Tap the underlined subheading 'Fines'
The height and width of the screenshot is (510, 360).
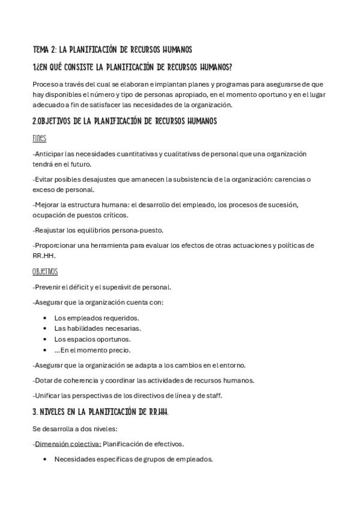(40, 138)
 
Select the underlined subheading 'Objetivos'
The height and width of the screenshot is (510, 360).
(45, 272)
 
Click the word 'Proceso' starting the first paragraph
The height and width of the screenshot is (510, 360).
(47, 85)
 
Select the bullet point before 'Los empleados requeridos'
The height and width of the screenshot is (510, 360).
(46, 318)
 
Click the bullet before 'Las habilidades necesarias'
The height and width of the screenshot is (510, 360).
(46, 328)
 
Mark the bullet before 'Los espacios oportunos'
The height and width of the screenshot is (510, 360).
(46, 339)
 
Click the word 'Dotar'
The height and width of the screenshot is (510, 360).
(45, 380)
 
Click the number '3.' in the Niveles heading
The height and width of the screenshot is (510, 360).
(35, 413)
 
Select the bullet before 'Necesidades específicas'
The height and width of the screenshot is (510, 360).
(46, 459)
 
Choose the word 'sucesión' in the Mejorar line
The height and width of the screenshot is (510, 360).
(281, 204)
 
